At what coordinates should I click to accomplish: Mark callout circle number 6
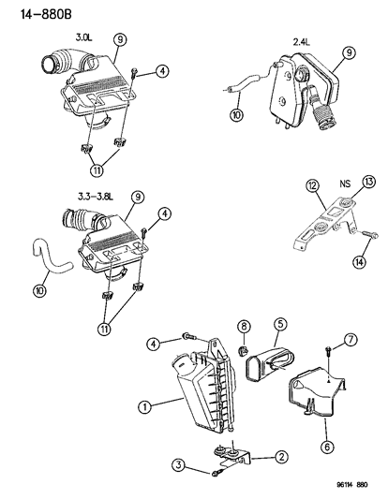click(x=327, y=448)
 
